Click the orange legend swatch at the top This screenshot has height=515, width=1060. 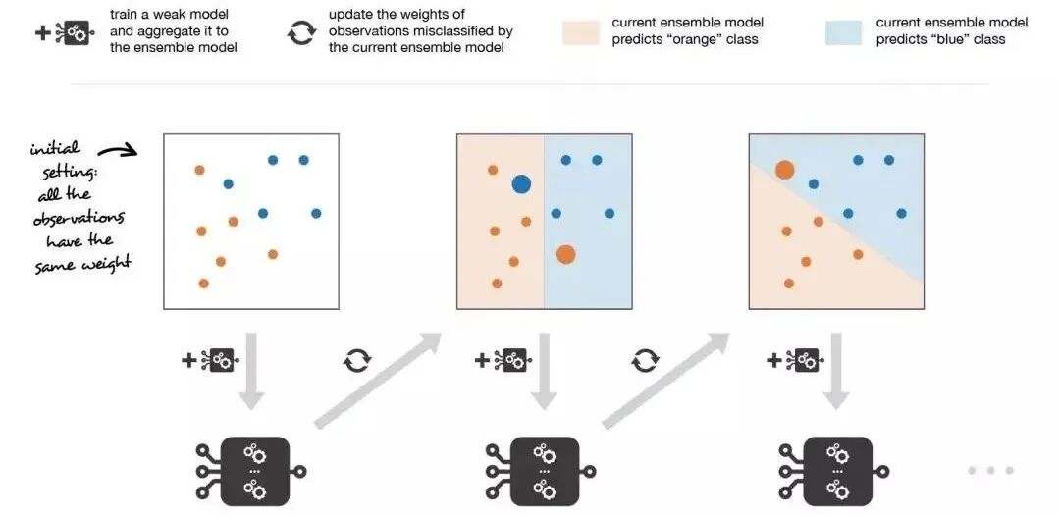(580, 31)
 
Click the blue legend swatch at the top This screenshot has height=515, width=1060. (843, 31)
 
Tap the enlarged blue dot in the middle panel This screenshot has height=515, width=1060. (521, 183)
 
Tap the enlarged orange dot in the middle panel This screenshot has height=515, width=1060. (565, 254)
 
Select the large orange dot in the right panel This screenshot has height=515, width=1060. (784, 171)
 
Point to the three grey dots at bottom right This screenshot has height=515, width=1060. (990, 471)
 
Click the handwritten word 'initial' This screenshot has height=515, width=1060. (55, 150)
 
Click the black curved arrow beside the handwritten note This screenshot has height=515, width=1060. (121, 149)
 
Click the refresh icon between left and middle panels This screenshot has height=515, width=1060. (356, 361)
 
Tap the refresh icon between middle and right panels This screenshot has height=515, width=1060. (645, 361)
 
